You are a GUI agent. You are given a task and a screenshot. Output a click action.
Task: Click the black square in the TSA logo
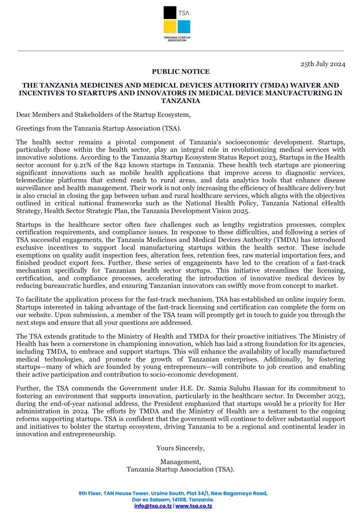(x=170, y=13)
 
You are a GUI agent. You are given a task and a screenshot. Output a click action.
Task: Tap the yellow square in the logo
(x=170, y=27)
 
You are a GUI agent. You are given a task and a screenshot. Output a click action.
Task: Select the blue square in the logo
(x=184, y=27)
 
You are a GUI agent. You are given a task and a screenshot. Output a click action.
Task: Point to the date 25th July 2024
(x=323, y=64)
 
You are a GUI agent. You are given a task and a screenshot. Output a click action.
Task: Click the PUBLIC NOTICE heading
(x=181, y=72)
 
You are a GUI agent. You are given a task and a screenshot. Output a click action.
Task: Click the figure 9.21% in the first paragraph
(x=83, y=165)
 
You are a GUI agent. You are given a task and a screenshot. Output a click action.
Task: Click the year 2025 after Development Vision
(x=242, y=211)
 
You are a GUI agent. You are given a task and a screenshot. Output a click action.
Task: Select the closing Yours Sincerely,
(x=180, y=448)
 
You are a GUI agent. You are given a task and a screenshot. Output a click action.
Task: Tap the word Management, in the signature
(x=181, y=462)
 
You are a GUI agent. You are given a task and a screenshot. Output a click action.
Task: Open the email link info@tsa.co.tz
(x=153, y=506)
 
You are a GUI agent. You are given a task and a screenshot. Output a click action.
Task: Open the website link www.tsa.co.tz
(x=194, y=506)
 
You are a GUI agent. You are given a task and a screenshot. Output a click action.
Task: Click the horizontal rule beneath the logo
(x=180, y=51)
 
